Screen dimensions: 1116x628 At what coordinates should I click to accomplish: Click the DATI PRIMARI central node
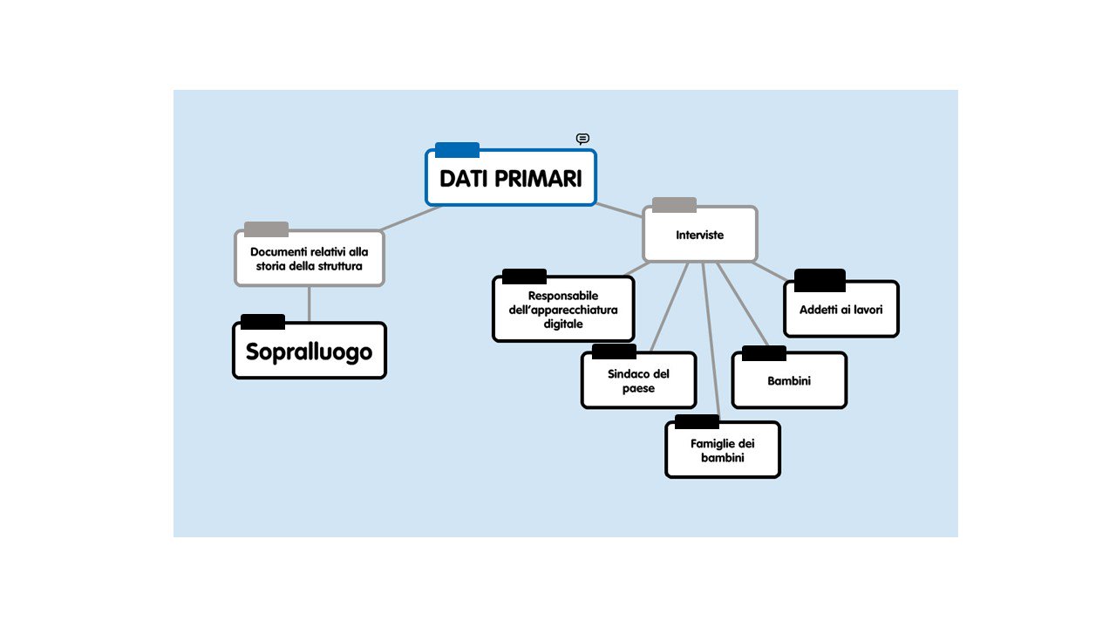pos(511,177)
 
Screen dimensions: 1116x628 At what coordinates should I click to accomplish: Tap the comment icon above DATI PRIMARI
pos(582,138)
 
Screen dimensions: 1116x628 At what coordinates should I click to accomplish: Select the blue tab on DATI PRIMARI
pos(457,149)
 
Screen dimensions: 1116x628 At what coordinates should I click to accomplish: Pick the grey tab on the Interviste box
pos(674,204)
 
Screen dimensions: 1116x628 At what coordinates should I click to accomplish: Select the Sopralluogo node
pos(310,351)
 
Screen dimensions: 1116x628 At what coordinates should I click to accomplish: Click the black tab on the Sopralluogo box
pos(262,322)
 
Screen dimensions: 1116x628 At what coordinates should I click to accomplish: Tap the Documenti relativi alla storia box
pos(310,258)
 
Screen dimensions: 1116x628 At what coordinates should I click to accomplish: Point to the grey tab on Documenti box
pos(266,229)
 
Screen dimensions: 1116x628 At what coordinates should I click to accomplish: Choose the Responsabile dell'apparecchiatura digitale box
pos(563,309)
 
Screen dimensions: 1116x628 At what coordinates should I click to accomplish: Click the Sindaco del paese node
pos(638,380)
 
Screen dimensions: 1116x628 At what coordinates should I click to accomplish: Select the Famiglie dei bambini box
pos(723,449)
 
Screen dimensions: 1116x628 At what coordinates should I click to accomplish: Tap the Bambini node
pos(789,380)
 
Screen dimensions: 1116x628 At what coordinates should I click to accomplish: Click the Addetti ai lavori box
pos(841,309)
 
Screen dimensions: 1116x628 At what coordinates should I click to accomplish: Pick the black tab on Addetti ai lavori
pos(820,280)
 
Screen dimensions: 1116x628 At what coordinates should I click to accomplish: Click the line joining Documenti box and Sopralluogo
pos(310,304)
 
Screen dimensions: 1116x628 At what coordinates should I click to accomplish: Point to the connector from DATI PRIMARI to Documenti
pos(411,218)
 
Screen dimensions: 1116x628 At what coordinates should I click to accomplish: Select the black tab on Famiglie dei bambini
pos(697,421)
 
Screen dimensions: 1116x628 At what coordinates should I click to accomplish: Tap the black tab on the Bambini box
pos(764,353)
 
